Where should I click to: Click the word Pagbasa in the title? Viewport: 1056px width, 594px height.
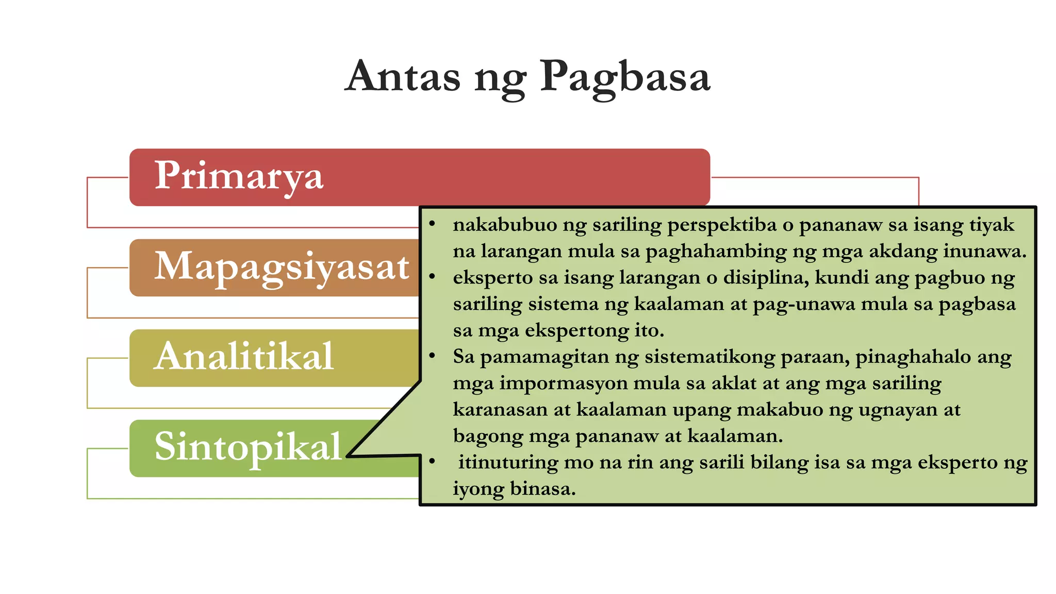[x=625, y=77]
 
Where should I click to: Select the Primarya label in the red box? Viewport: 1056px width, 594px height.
[x=239, y=176]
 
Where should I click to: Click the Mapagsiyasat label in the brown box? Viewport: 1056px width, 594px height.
[x=282, y=267]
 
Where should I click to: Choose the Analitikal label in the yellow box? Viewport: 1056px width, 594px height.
[x=244, y=356]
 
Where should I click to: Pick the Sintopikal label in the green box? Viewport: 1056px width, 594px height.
[x=247, y=447]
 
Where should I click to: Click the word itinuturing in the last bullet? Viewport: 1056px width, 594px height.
[x=508, y=463]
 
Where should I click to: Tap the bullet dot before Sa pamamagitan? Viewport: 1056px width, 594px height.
[x=432, y=355]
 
